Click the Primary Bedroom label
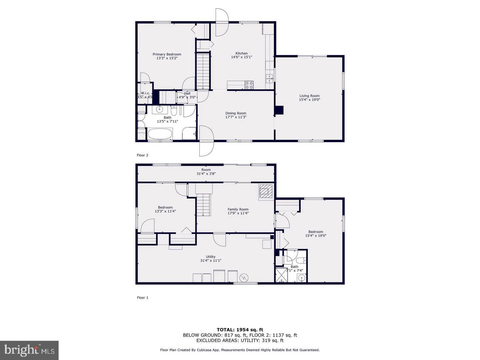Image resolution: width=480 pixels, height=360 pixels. pyautogui.click(x=167, y=54)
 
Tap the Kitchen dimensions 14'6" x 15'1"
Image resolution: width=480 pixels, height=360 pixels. pyautogui.click(x=242, y=57)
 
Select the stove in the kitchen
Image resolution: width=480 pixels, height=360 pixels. pyautogui.click(x=249, y=85)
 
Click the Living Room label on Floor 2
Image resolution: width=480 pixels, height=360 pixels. pyautogui.click(x=309, y=96)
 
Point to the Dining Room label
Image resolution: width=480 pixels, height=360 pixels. pyautogui.click(x=236, y=113)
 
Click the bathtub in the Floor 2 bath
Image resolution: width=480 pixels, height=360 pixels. pyautogui.click(x=160, y=134)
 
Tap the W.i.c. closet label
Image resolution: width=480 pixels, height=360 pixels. pyautogui.click(x=146, y=93)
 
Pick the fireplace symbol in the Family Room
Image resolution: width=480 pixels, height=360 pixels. pyautogui.click(x=265, y=191)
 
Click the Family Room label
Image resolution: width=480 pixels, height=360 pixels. pyautogui.click(x=238, y=209)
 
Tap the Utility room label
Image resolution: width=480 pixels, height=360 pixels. pyautogui.click(x=211, y=257)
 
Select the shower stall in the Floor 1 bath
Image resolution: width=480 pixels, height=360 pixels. pyautogui.click(x=281, y=275)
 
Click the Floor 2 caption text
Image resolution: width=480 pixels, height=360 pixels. pyautogui.click(x=142, y=155)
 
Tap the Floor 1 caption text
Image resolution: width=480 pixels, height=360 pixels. pyautogui.click(x=142, y=298)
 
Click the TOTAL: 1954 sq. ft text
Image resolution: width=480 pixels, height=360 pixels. pyautogui.click(x=240, y=330)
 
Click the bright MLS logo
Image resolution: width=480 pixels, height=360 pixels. pyautogui.click(x=29, y=350)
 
